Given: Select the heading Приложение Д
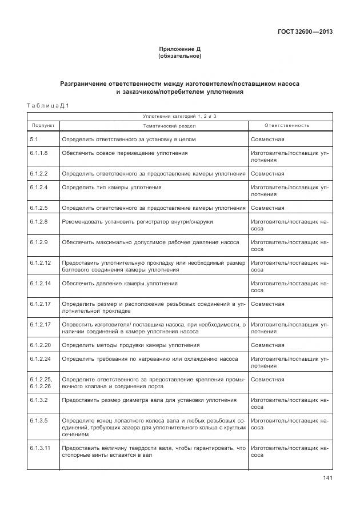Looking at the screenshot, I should click(180, 50).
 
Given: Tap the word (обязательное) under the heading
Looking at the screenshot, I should click(180, 57).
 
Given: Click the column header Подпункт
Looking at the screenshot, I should click(43, 125).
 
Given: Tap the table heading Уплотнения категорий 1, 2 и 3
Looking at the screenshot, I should click(180, 116).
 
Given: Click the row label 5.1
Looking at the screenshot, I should click(34, 139).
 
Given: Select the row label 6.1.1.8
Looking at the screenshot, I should click(39, 153).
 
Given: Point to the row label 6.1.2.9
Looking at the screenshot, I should click(39, 242).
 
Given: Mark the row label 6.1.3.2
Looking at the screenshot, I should click(39, 400).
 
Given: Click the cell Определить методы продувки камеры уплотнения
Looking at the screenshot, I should click(131, 345).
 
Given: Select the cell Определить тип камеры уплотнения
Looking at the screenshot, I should click(111, 188).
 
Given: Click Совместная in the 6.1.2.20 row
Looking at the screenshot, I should click(267, 345).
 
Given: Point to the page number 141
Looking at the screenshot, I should click(326, 478).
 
